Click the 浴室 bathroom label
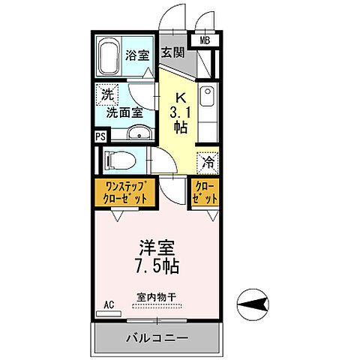[x=136, y=55]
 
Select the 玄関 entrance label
[x=172, y=52]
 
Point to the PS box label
[x=100, y=136]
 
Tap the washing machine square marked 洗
[x=106, y=97]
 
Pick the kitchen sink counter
[x=208, y=112]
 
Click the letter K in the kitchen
[x=180, y=97]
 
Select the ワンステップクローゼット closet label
[x=124, y=192]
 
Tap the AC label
[x=109, y=304]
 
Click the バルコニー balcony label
[x=156, y=338]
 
